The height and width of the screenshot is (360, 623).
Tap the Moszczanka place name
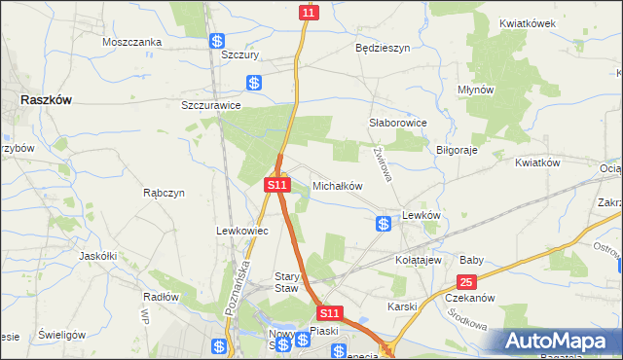(x=132, y=43)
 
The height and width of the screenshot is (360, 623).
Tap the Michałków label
(x=337, y=185)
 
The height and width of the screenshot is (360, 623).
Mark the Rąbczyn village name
(x=164, y=193)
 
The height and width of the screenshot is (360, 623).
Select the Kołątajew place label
(x=419, y=260)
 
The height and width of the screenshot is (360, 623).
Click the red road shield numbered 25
(x=465, y=282)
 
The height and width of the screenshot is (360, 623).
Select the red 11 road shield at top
(x=309, y=12)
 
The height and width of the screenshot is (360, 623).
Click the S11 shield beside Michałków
(x=276, y=184)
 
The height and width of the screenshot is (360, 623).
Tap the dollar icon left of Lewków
(x=384, y=225)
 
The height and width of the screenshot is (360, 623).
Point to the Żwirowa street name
(x=382, y=162)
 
